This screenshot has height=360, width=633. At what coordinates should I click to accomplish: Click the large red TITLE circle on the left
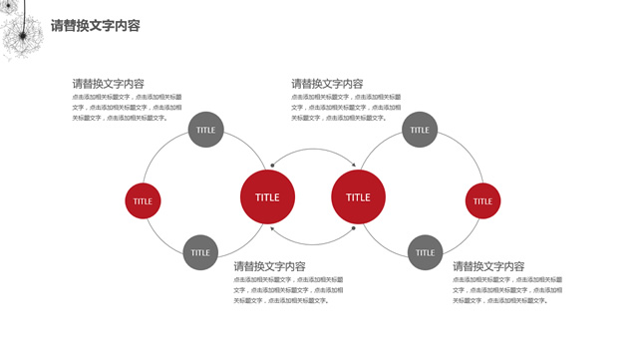[x=267, y=196]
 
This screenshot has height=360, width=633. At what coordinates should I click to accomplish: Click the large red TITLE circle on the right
[x=358, y=196]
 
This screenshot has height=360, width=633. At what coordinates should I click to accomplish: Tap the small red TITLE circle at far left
[x=144, y=200]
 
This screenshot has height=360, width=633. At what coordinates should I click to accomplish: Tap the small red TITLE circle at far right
[x=482, y=200]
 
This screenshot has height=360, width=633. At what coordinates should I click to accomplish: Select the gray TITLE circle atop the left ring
[x=205, y=130]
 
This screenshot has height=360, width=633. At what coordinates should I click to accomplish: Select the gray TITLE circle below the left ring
[x=200, y=252]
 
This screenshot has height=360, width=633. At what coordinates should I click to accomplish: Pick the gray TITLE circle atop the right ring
[x=420, y=130]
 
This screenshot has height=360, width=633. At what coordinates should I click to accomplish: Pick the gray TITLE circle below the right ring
[x=426, y=252]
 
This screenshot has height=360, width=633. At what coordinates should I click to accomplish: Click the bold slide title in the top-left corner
[x=95, y=25]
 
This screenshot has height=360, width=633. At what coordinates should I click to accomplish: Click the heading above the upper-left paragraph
[x=108, y=84]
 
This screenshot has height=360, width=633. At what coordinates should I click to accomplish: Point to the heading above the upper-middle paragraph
[x=327, y=84]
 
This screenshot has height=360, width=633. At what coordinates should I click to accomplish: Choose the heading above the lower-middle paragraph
[x=269, y=266]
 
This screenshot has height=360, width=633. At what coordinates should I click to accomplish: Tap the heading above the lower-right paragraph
[x=488, y=266]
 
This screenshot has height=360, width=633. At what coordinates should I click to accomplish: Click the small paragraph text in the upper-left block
[x=127, y=107]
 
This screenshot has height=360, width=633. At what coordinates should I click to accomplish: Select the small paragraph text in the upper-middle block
[x=346, y=107]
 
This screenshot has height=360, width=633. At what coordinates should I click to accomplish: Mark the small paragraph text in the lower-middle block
[x=288, y=289]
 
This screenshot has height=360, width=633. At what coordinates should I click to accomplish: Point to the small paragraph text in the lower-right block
[x=507, y=289]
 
